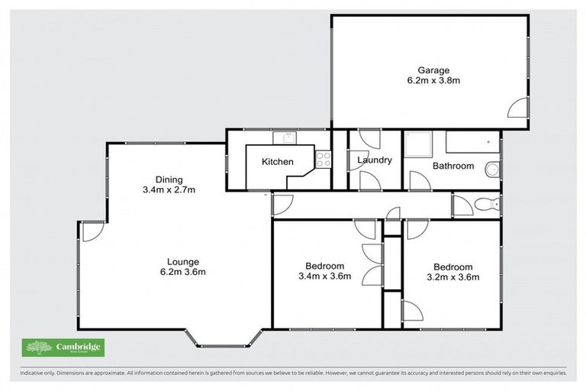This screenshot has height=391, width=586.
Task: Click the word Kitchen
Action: coord(277,162)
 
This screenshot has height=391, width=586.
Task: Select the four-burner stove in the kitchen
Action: coord(323,160)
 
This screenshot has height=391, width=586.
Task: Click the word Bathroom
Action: coord(452,166)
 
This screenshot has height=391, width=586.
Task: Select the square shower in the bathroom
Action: coord(417,144)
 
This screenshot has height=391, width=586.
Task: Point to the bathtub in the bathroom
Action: coord(472,143)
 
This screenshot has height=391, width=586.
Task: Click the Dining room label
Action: coord(169,179)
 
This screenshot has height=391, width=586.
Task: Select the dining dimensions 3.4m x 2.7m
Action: coord(169,190)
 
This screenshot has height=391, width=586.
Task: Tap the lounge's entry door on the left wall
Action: coord(92,231)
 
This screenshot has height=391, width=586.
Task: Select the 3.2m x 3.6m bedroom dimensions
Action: coord(452,277)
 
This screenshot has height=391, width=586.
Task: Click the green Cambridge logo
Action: coord(63,347)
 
